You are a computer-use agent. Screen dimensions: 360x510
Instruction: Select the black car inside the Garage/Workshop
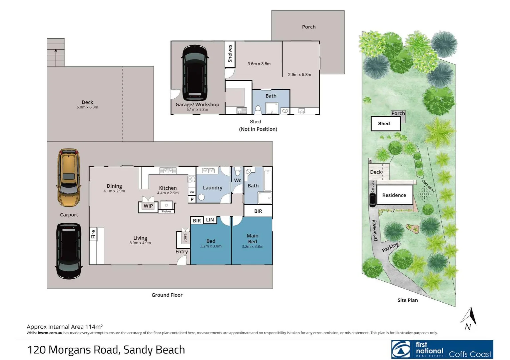click(x=195, y=73)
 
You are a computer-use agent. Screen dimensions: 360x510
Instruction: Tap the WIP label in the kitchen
click(x=148, y=206)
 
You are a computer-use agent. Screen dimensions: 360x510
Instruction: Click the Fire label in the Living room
click(x=93, y=234)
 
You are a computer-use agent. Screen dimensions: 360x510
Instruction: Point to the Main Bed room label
click(x=252, y=238)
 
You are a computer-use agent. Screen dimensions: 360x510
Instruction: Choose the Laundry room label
click(x=212, y=188)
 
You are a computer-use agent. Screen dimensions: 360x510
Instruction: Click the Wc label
click(x=237, y=180)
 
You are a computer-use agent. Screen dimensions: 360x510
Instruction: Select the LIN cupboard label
click(x=210, y=220)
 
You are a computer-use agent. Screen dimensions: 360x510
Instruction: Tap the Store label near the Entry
click(x=185, y=238)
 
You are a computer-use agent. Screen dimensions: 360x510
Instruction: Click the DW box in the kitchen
click(x=192, y=192)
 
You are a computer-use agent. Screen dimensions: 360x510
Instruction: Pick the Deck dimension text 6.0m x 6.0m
click(x=87, y=107)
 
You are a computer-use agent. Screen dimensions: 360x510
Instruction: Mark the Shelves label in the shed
click(x=230, y=54)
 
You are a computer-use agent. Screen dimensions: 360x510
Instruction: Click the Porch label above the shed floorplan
click(x=309, y=27)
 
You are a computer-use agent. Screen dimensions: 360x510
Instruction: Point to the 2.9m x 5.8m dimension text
click(x=300, y=75)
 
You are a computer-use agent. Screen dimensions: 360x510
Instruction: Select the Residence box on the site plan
click(x=394, y=195)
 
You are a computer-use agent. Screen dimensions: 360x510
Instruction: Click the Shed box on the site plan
click(x=385, y=124)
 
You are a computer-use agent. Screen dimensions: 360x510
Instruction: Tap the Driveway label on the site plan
click(x=375, y=230)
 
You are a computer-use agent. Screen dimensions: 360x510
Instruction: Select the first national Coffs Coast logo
click(x=442, y=349)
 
